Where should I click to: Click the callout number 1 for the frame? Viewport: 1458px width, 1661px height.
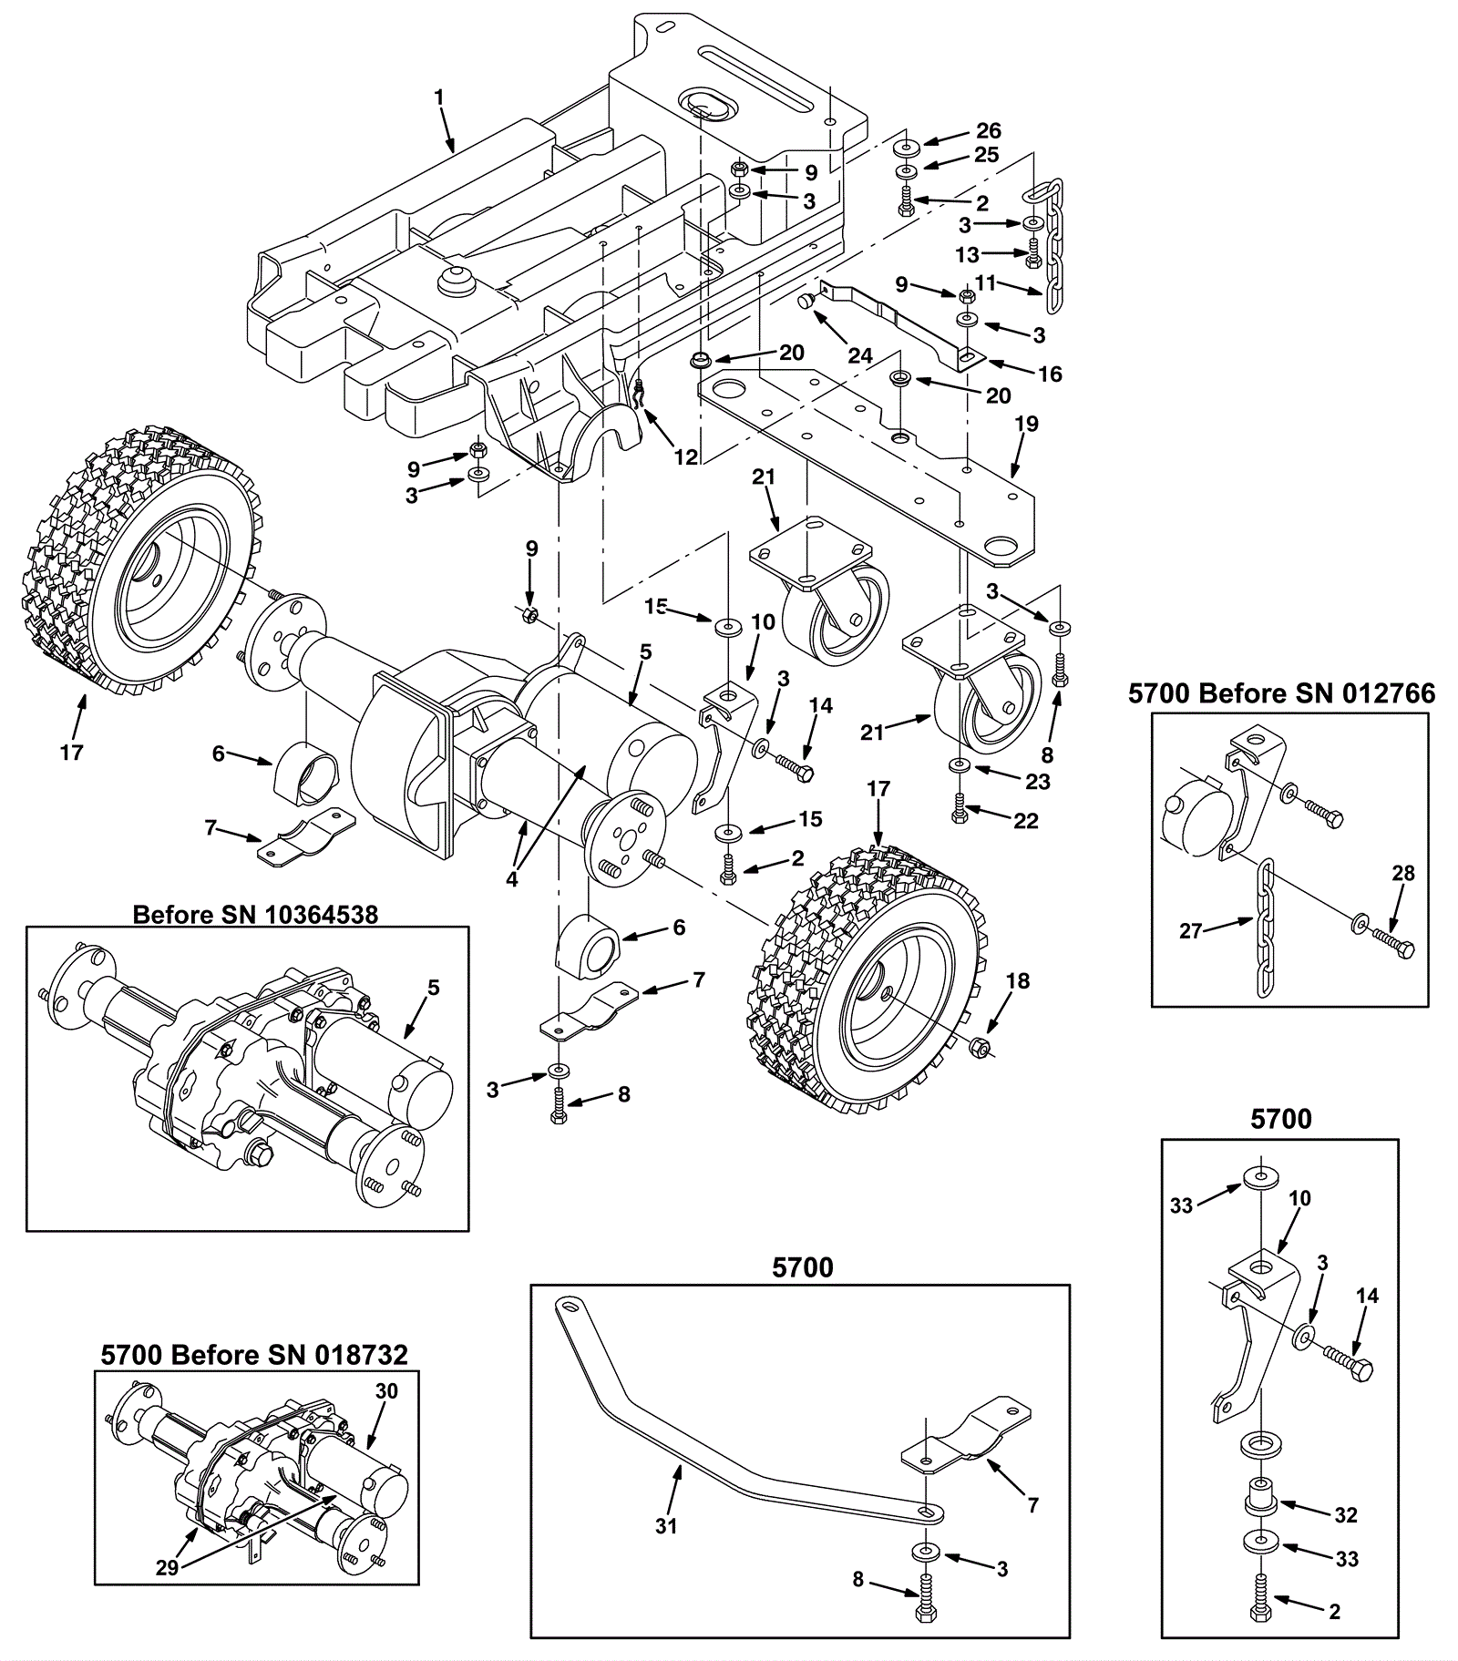(439, 96)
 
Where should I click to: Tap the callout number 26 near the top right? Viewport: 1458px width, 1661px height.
(988, 131)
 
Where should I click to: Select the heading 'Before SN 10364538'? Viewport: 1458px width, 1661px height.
(255, 914)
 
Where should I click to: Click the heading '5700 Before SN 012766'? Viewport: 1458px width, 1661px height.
(1281, 693)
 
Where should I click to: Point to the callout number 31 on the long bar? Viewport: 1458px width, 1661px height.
(666, 1525)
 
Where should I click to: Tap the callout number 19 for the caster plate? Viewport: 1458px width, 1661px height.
(1026, 424)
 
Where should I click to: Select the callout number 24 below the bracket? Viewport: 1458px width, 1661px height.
(860, 355)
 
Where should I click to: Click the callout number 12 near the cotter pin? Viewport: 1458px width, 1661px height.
(685, 457)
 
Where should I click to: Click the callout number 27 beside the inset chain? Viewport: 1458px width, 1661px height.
(1190, 931)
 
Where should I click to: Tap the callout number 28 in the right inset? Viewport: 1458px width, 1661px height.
(1403, 873)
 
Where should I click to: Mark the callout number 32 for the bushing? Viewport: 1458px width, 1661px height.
(1345, 1515)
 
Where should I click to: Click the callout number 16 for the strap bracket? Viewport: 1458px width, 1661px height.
(1050, 374)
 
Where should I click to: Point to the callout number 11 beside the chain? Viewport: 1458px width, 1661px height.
(985, 283)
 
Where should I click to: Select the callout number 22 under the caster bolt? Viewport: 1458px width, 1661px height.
(1026, 821)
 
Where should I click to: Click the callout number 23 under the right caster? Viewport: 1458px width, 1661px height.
(1038, 782)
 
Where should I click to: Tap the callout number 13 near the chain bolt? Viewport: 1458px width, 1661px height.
(967, 254)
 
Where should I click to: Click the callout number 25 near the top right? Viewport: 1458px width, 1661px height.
(987, 155)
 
